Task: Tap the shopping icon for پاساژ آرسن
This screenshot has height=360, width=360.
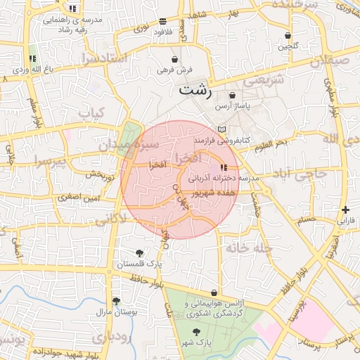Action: point(233,95)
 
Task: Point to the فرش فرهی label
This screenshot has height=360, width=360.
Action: point(175,70)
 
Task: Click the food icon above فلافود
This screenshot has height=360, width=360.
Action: point(163,22)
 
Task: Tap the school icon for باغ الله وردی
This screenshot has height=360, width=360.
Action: point(32,58)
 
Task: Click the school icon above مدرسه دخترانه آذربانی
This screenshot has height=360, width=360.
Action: point(224,168)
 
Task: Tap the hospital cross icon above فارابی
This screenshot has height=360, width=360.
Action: point(345,210)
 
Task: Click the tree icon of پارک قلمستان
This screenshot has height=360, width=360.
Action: point(139,252)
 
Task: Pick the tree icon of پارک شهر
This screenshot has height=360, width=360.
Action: point(195,332)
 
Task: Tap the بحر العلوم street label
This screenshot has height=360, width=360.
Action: point(271,143)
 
